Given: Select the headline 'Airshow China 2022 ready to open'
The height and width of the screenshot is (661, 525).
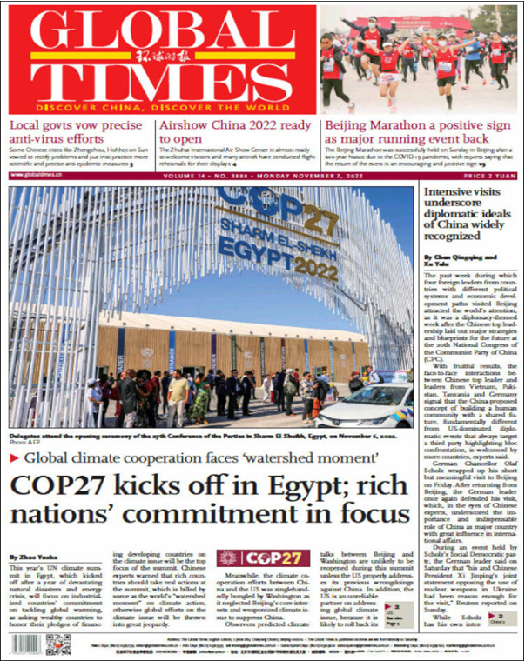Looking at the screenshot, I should click(235, 132).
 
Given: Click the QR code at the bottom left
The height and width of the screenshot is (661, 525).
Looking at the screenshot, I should click(58, 645).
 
